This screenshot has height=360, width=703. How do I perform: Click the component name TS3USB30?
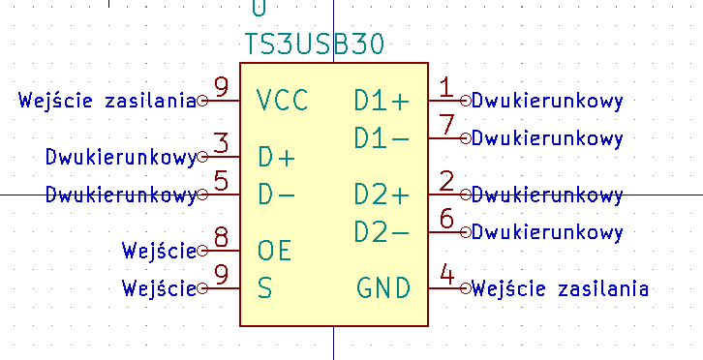(x=316, y=45)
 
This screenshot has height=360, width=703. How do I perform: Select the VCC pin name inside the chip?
(x=283, y=100)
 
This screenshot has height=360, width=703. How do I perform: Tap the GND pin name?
(x=383, y=288)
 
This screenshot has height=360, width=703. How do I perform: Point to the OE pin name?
(x=274, y=251)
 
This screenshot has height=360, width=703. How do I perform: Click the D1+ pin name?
(x=382, y=100)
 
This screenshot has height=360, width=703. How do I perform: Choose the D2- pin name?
(x=382, y=232)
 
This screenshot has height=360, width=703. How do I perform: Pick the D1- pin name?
(x=382, y=138)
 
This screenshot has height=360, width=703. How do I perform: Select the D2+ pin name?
(x=382, y=195)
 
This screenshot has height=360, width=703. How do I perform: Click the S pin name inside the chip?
(x=265, y=288)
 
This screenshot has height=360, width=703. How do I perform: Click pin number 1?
(x=445, y=88)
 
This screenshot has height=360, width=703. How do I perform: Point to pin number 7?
(x=446, y=126)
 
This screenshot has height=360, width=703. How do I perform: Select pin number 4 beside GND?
(x=446, y=276)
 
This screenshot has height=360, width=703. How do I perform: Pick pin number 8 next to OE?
(x=222, y=238)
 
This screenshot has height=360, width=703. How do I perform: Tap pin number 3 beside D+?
(x=222, y=144)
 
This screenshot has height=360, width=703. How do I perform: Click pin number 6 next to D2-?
(x=446, y=220)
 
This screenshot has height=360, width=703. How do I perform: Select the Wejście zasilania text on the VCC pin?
(x=107, y=100)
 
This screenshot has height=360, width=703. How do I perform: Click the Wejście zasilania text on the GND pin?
(x=561, y=288)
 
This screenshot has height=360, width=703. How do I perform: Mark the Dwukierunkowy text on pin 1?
(x=547, y=100)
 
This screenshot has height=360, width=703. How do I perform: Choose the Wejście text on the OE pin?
(x=159, y=252)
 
